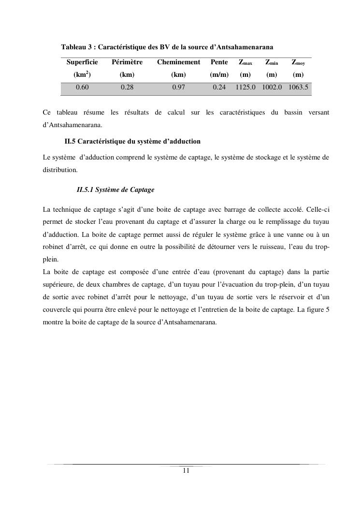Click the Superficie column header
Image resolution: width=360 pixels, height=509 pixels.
[x=82, y=62]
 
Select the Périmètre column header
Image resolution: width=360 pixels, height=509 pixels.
[x=127, y=62]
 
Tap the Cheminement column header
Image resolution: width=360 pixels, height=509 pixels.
[x=178, y=62]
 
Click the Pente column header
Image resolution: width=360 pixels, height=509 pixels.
[x=219, y=62]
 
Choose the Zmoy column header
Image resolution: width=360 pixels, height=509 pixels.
[x=298, y=62]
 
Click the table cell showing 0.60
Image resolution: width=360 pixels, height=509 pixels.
[x=82, y=87]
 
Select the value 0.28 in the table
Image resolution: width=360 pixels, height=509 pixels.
[x=127, y=87]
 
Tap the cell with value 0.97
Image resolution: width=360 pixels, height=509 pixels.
[x=178, y=87]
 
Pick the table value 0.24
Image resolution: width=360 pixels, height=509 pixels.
[x=219, y=87]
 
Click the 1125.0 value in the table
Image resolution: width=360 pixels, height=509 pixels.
[x=245, y=87]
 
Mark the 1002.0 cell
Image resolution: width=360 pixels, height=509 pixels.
[x=272, y=87]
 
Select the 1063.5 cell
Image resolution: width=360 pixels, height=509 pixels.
[x=298, y=87]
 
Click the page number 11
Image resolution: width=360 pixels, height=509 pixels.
[x=186, y=471]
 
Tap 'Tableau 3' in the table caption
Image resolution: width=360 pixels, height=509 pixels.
[x=75, y=47]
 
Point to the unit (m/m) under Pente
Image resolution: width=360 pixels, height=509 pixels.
[x=219, y=75]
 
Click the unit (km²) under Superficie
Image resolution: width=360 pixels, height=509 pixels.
[x=82, y=75]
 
